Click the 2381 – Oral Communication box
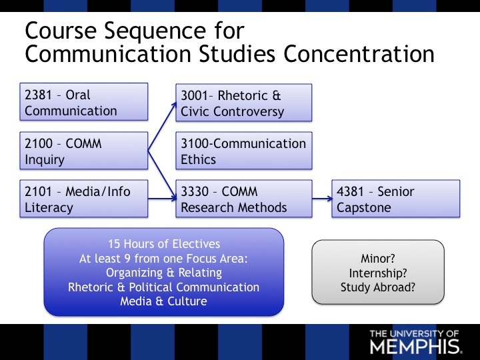[x=84, y=102]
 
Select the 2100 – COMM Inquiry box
[x=84, y=151]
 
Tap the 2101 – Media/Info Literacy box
[x=84, y=199]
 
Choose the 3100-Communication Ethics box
[x=243, y=151]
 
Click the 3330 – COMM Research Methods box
[x=243, y=199]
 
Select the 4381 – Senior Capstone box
[x=396, y=199]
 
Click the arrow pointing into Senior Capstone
[x=321, y=199]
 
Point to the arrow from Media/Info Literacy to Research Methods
[x=161, y=199]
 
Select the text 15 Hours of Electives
[x=163, y=243]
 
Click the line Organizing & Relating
[x=163, y=273]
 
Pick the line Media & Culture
[x=163, y=301]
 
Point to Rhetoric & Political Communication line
[x=163, y=287]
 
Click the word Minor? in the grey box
[x=378, y=259]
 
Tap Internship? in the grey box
[x=378, y=273]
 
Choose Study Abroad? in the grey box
[x=378, y=288]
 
